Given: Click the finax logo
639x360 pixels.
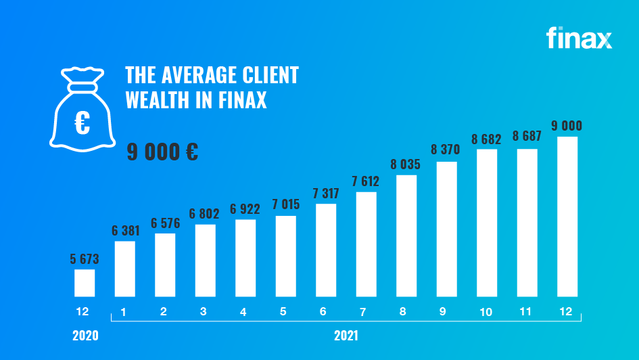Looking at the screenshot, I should (579, 38).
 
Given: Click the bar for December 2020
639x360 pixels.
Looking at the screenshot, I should (85, 283).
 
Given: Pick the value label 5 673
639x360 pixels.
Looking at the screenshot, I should (85, 258).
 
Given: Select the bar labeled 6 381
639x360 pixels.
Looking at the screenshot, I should (125, 269).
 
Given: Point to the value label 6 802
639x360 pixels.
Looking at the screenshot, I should (205, 213).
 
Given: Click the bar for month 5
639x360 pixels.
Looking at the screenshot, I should (286, 256).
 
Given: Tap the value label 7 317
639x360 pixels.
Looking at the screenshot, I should (326, 193).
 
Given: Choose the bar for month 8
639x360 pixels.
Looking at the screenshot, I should (406, 235).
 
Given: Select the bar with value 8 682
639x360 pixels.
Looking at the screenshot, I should (487, 223).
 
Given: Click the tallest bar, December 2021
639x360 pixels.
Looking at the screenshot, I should (567, 217).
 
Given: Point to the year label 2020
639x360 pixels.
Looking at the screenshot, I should (85, 336).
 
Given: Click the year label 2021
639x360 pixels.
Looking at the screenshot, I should (346, 336).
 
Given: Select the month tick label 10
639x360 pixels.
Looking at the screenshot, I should (487, 312).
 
